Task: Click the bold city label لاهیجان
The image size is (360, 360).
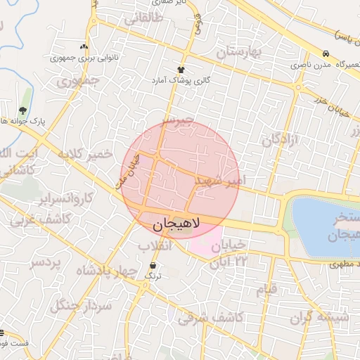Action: pos(176,224)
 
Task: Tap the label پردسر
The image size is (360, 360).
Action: pos(46,262)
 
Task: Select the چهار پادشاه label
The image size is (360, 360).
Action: pos(103,272)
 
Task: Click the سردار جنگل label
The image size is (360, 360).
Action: pos(88,305)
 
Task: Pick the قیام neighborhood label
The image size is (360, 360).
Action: pos(267,288)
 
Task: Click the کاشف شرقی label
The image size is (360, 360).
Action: pos(210,319)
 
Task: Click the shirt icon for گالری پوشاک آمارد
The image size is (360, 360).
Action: pos(181,70)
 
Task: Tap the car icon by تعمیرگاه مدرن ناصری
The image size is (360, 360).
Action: pos(326,54)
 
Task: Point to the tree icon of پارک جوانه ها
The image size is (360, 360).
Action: pos(23,110)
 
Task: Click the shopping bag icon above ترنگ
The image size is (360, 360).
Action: pos(153,265)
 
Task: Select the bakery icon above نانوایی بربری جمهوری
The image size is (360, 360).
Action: pos(84,46)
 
